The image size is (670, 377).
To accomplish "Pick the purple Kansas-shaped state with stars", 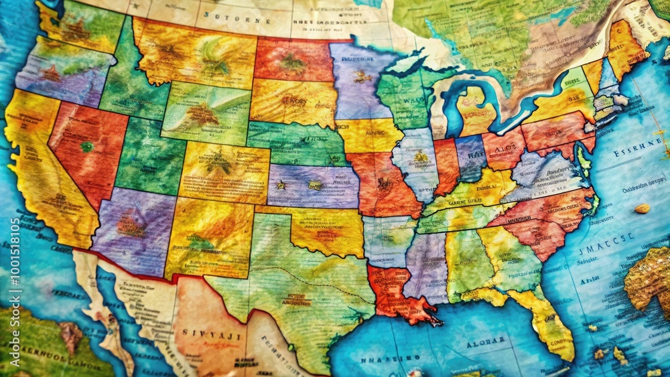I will pyautogui.click(x=312, y=185).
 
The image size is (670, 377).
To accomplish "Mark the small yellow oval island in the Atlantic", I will pyautogui.click(x=642, y=208).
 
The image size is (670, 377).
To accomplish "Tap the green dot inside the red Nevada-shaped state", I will pyautogui.click(x=86, y=147).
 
